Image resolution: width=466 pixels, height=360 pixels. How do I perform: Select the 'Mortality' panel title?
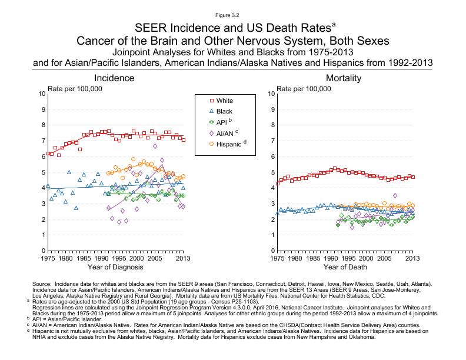[344, 78]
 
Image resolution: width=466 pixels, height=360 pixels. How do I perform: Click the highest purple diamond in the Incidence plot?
[155, 146]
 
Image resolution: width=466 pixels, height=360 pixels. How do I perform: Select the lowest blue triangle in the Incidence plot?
[76, 208]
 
